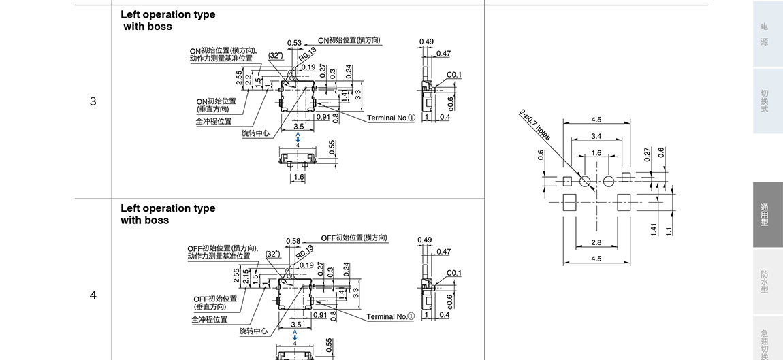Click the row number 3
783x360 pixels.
[x=93, y=102]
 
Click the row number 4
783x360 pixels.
[x=93, y=295]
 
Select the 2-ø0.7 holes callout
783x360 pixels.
[x=534, y=125]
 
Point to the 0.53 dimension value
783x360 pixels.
[x=294, y=43]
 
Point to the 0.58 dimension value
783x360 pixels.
[x=293, y=241]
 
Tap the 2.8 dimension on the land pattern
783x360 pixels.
[x=596, y=242]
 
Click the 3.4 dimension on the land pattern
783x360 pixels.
[x=596, y=137]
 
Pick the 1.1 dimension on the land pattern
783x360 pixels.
[x=669, y=230]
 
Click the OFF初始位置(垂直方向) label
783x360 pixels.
[x=215, y=303]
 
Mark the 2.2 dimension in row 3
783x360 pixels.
[x=249, y=80]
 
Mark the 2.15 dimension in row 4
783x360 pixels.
[x=247, y=278]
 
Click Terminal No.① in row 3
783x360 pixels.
[x=391, y=118]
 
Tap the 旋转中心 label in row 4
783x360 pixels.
[x=253, y=331]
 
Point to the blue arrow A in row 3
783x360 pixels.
[x=298, y=137]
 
